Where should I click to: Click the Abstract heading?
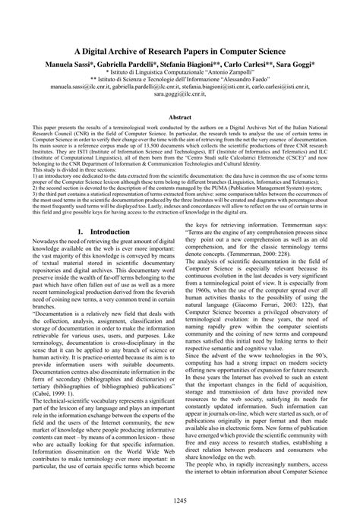[x=179, y=118]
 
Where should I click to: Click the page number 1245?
[x=179, y=498]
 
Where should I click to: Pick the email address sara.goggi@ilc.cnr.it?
[x=179, y=96]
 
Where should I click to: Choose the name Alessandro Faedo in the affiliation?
[x=238, y=79]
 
